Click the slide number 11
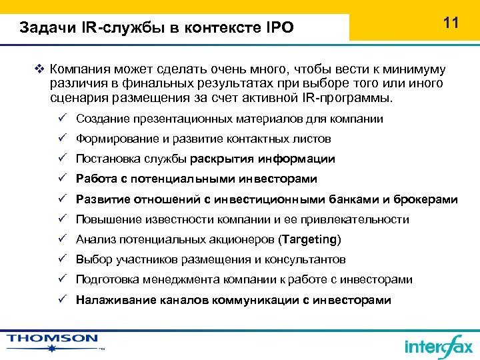coord(451,23)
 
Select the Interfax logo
coord(438,345)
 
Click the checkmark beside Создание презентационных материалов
coord(61,119)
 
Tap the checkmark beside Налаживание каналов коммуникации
coord(61,299)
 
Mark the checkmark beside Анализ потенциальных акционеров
coord(61,239)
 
